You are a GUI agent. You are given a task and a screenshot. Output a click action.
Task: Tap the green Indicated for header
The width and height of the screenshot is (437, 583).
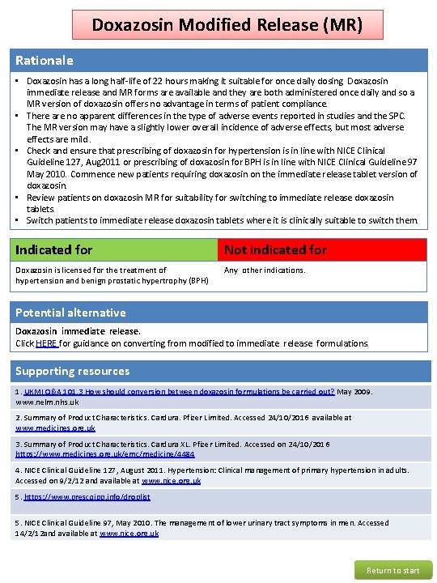(x=54, y=250)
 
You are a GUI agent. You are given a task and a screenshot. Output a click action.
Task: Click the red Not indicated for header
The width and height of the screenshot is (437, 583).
(x=275, y=250)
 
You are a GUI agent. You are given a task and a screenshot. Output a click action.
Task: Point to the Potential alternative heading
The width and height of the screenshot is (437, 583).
(x=70, y=313)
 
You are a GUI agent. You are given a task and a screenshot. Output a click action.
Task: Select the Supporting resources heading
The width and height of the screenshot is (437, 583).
(x=73, y=371)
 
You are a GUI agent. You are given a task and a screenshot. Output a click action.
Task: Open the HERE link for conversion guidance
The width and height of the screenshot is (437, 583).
(x=45, y=343)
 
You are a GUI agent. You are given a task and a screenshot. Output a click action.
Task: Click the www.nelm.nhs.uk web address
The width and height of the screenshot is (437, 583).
(x=47, y=402)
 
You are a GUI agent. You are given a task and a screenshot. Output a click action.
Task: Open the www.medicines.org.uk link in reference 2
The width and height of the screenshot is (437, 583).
(x=55, y=428)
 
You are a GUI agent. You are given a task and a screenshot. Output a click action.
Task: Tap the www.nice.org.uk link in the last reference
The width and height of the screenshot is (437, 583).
(x=129, y=533)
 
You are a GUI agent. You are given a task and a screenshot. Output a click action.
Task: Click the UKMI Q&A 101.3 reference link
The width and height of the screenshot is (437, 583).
(x=170, y=392)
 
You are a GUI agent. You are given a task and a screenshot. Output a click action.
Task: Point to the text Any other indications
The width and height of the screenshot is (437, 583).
(x=265, y=270)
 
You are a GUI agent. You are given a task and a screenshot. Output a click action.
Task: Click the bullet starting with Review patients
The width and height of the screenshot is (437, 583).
(x=210, y=202)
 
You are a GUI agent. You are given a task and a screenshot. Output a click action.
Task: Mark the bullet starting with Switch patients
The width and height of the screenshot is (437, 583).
(x=222, y=220)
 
